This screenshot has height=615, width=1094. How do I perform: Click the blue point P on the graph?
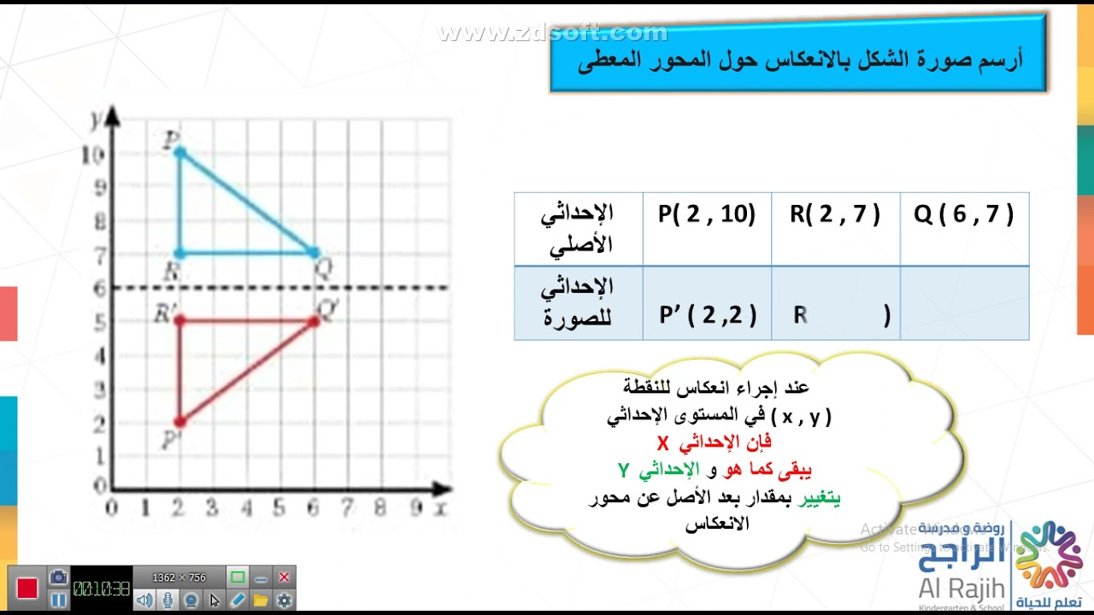coord(179,152)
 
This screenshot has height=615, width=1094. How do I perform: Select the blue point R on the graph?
coord(179,253)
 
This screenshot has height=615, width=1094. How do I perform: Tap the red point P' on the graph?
coord(179,421)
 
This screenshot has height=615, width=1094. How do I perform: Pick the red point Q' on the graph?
coord(314,320)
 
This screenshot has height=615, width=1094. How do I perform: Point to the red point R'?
coord(179,320)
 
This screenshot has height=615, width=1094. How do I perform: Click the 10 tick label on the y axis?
coord(93,155)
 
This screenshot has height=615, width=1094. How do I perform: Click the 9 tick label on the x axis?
coord(415,508)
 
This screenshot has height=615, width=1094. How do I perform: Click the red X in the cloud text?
coord(662,444)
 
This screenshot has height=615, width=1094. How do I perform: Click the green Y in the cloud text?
coord(624,471)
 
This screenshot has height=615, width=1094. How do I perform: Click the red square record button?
coord(27,589)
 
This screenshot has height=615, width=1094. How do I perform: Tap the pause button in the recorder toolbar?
coord(58,600)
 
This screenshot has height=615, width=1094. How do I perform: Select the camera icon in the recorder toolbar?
coord(58,577)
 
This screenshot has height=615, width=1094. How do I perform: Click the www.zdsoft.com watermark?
coord(552,33)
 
